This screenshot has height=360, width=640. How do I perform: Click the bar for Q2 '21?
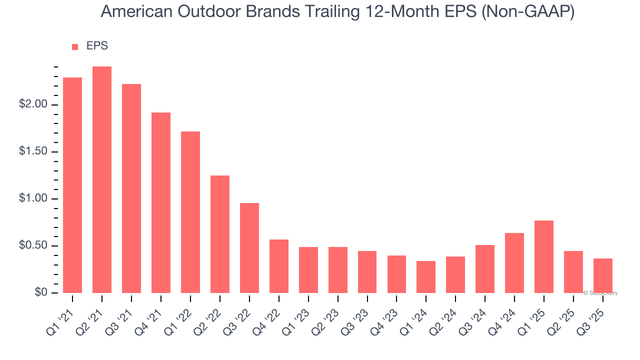click(102, 179)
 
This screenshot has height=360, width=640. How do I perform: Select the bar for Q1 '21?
click(72, 185)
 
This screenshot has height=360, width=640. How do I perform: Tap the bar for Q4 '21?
click(161, 202)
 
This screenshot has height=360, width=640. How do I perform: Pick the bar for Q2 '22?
click(220, 234)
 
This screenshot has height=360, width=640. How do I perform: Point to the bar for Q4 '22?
click(279, 266)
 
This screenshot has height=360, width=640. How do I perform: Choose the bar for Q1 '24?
click(426, 276)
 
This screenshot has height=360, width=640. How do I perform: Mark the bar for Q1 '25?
click(544, 256)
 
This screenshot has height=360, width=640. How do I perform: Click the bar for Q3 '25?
click(603, 275)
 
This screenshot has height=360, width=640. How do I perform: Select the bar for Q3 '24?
click(485, 268)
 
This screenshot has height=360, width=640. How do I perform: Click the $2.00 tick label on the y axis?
click(33, 104)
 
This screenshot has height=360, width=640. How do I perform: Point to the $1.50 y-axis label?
click(33, 151)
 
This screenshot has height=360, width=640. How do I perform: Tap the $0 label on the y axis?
click(41, 292)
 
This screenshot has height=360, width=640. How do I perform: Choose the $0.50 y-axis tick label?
click(33, 245)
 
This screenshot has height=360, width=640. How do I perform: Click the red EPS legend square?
click(75, 46)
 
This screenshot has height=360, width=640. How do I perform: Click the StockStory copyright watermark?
click(600, 293)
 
